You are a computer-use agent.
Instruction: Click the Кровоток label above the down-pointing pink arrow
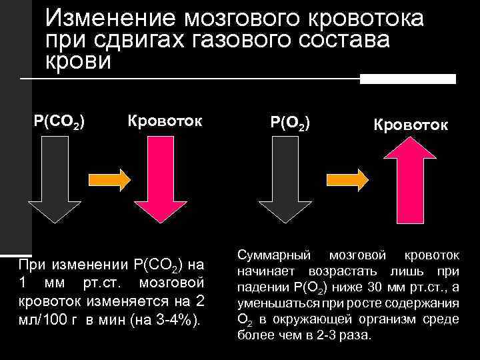coord(165,123)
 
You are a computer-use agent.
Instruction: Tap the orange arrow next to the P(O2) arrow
coord(346,179)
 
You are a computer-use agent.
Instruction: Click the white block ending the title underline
coord(407,79)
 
